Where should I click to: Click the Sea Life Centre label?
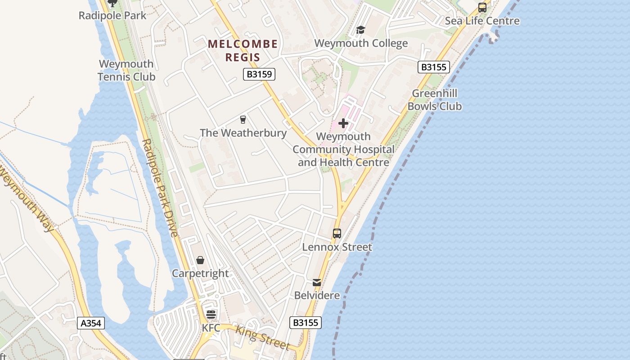tap(482, 21)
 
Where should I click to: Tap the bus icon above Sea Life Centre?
tap(482, 8)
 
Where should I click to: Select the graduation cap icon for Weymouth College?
tap(360, 30)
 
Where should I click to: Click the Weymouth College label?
tap(361, 43)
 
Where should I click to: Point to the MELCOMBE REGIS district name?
tap(243, 50)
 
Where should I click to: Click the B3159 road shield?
tap(259, 74)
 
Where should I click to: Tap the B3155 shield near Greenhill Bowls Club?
tap(434, 67)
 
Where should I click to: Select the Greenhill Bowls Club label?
tap(435, 100)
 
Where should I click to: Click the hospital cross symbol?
tap(343, 123)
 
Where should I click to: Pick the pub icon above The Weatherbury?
tap(243, 120)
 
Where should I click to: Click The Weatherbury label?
tap(243, 133)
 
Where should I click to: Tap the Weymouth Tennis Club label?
tap(126, 70)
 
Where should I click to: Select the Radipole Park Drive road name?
tap(161, 188)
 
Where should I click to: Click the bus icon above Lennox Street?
tap(337, 234)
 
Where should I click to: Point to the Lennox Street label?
tap(337, 247)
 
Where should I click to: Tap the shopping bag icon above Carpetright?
tap(200, 261)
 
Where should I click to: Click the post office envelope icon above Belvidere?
tap(317, 283)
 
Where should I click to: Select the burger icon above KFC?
tap(211, 315)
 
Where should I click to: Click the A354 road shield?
tap(91, 323)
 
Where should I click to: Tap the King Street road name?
tap(262, 337)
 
